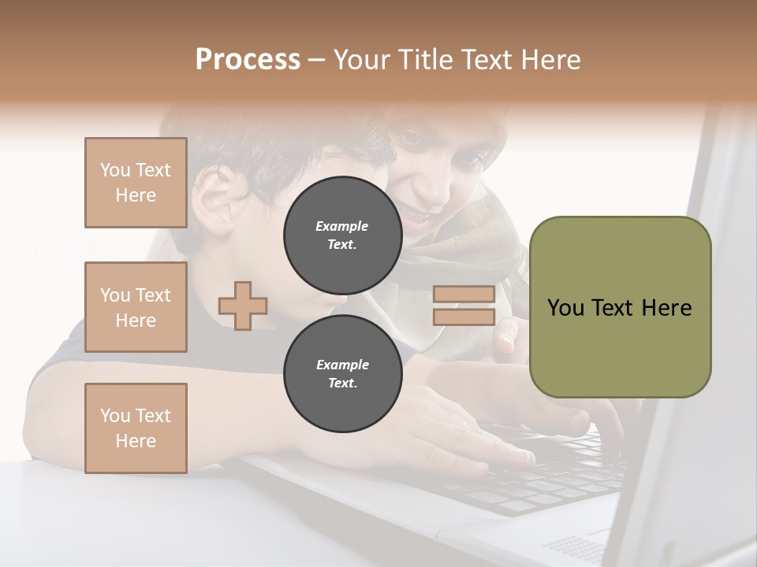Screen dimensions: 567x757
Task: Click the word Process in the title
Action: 248,59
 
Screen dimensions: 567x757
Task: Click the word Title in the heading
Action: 421,59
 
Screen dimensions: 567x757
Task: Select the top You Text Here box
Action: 136,183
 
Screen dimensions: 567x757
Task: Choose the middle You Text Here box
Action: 136,307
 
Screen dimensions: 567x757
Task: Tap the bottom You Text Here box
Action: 136,428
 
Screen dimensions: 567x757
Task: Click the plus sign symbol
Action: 243,306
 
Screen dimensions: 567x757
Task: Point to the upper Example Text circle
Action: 342,235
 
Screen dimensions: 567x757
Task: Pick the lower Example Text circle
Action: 342,374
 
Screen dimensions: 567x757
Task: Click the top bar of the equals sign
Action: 464,295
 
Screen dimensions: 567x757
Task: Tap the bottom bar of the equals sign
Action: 464,317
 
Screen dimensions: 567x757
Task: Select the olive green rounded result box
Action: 620,307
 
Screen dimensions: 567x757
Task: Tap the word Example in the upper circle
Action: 342,226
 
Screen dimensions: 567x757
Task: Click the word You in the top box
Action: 114,170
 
